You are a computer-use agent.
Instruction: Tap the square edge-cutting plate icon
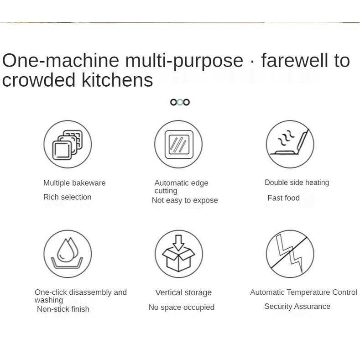pos(178,144)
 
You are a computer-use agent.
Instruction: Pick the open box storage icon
pos(178,254)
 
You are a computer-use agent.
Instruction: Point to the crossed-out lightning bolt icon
pos(290,254)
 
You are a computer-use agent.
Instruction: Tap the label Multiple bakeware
pos(74,183)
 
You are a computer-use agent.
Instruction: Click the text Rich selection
pos(67,197)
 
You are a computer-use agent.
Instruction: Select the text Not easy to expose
pos(185,200)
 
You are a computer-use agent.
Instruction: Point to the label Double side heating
pos(297,183)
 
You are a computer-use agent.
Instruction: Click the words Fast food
pos(283,198)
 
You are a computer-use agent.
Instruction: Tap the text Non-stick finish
pos(63,309)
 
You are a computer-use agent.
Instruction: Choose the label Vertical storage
pos(183,293)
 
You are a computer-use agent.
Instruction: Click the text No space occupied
pos(182,307)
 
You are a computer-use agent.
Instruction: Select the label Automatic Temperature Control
pos(303,292)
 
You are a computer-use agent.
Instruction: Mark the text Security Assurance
pos(297,306)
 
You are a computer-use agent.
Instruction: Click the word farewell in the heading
pos(295,60)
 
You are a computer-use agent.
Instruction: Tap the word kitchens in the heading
pos(117,80)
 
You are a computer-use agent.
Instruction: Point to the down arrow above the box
pos(178,243)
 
